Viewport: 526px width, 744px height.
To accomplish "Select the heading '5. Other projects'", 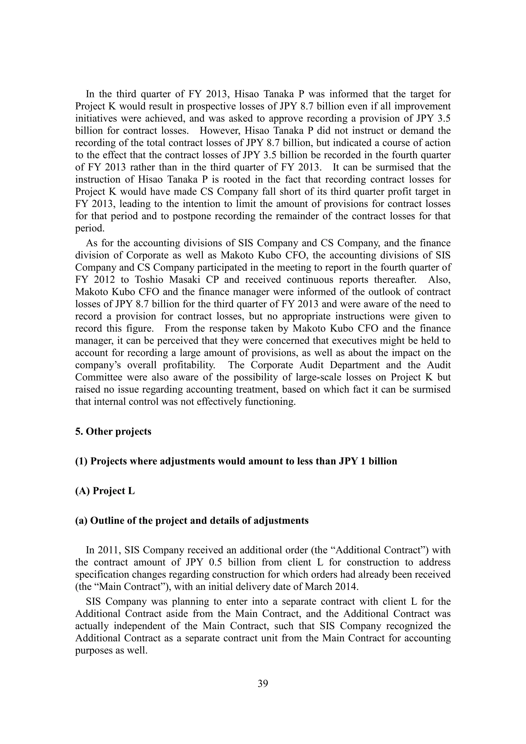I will point(113,432).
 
